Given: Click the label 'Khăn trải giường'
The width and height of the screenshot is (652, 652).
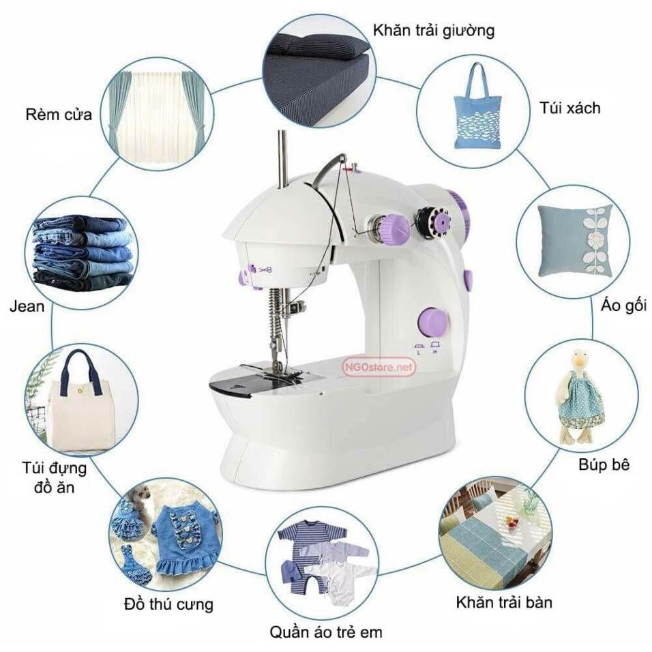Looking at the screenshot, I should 433,31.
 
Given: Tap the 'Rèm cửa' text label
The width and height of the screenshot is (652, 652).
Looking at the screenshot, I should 58,113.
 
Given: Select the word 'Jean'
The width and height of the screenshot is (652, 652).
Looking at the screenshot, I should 27,306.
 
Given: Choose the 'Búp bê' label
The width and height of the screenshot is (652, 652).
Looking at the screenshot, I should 604,464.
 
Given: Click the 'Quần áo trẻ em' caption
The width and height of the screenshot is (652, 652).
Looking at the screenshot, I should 325,632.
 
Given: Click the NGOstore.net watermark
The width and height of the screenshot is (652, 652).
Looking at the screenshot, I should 379,367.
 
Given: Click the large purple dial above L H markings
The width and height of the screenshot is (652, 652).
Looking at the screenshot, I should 432,321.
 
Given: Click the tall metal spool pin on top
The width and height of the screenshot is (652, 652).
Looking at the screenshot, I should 280,158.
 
